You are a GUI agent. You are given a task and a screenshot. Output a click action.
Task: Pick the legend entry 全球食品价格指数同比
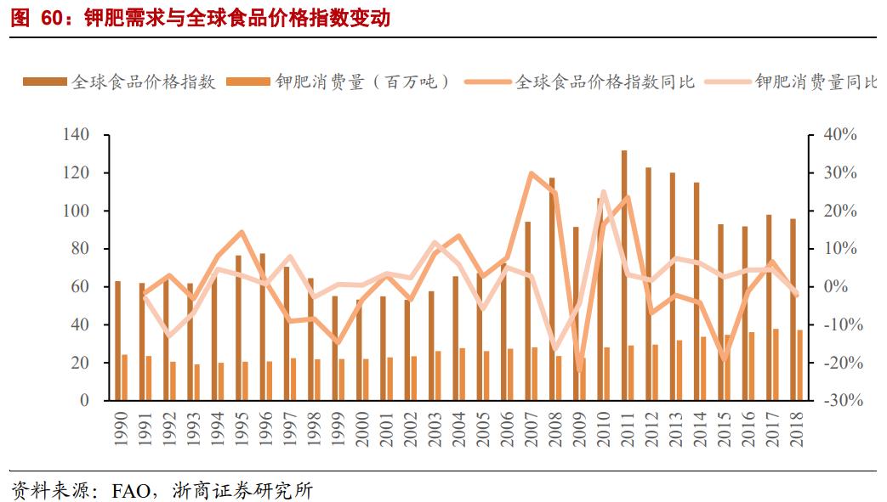pyautogui.click(x=605, y=82)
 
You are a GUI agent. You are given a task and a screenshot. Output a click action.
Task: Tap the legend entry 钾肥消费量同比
pyautogui.click(x=816, y=82)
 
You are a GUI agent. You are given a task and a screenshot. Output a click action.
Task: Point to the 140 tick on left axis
pyautogui.click(x=76, y=135)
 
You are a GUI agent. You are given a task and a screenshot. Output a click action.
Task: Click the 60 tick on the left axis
pyautogui.click(x=80, y=287)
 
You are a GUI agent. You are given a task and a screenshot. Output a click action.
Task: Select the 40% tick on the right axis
pyautogui.click(x=838, y=135)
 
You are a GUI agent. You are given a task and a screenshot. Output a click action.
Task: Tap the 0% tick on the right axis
pyautogui.click(x=842, y=287)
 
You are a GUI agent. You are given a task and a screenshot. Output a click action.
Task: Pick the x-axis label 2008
pyautogui.click(x=554, y=428)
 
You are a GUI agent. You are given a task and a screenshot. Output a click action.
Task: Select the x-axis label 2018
pyautogui.click(x=795, y=428)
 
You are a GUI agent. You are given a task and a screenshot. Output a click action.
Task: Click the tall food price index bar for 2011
pyautogui.click(x=624, y=276)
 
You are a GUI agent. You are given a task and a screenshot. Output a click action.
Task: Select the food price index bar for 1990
pyautogui.click(x=117, y=340)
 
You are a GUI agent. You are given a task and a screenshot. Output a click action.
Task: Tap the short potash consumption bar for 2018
pyautogui.click(x=799, y=364)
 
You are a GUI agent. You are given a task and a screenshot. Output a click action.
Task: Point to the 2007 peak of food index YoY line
pyautogui.click(x=531, y=173)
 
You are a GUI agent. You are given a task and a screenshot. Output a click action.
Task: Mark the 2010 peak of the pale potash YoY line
pyautogui.click(x=603, y=192)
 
